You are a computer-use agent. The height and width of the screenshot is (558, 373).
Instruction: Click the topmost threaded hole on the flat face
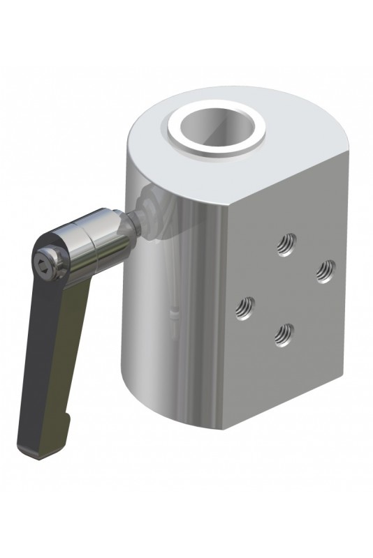click(x=285, y=243)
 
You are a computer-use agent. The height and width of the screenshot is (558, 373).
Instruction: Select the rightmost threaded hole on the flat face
click(x=323, y=270)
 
